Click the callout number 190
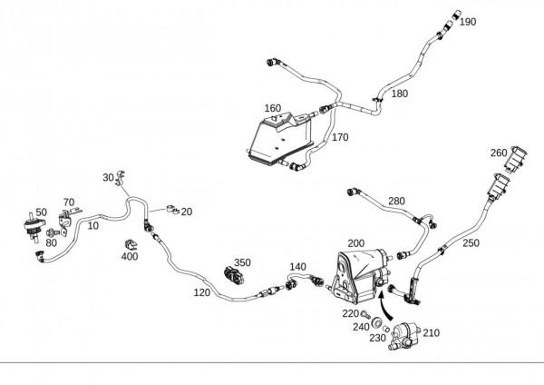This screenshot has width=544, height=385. pos(468,22)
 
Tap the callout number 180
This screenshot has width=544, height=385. pos(399,94)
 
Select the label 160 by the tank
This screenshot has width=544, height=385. pos(273,108)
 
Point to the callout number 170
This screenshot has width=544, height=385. pos(340,137)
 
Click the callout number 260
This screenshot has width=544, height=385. pos(499,153)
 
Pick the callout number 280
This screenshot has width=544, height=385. pos(396,201)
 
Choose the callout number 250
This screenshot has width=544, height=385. pos(471,243)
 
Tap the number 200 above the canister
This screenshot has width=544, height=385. pos(356,243)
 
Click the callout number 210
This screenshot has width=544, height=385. pos(431,333)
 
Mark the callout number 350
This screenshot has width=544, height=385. pos(242,262)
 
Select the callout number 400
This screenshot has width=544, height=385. pos(130,257)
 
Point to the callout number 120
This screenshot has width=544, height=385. pos(200,292)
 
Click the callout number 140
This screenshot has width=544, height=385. pos(298,267)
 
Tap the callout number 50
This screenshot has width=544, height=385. pos(41,212)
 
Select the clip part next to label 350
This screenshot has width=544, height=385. pos(236,274)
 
